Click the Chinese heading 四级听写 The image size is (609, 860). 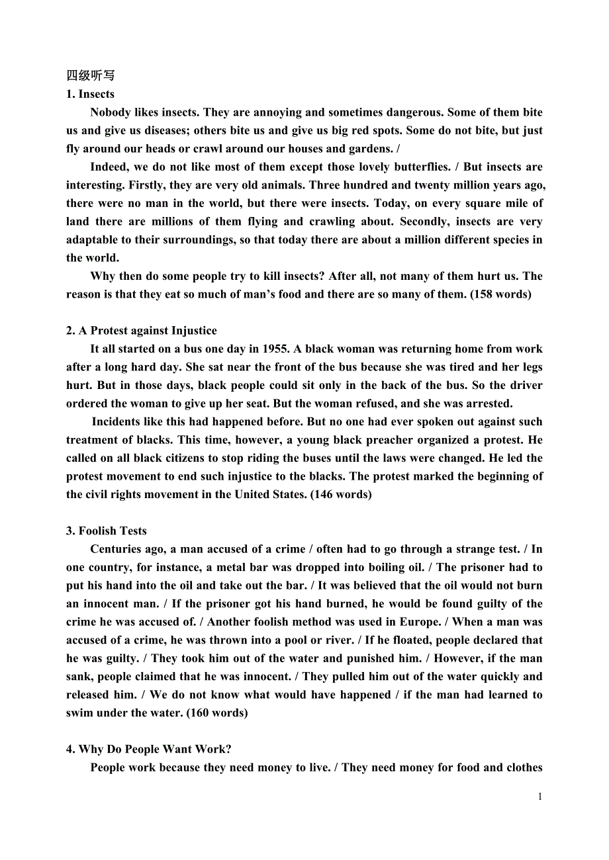90,75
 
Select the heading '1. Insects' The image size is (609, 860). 90,94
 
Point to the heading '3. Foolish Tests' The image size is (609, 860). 107,531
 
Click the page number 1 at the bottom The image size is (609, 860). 539,796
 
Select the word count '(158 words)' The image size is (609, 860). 500,294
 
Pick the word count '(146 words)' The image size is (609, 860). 341,494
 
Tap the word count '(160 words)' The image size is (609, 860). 217,712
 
